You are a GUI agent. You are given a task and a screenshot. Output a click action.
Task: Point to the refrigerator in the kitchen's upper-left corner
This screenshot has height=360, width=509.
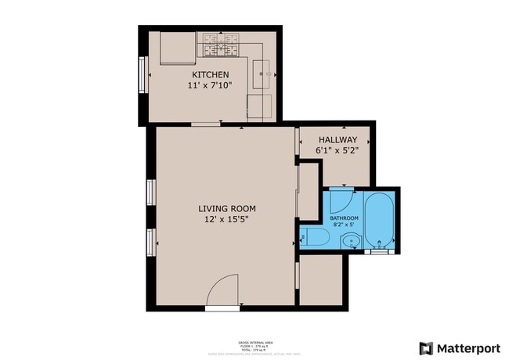[x=178, y=48]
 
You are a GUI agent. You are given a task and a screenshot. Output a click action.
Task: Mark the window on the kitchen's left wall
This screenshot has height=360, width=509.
[x=143, y=74]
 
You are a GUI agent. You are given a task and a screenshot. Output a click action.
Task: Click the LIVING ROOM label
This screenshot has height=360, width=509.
[x=226, y=208]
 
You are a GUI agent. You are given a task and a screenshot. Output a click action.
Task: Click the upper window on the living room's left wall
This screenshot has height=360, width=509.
[x=151, y=192]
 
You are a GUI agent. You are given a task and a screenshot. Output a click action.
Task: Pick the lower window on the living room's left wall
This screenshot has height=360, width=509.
[x=151, y=241]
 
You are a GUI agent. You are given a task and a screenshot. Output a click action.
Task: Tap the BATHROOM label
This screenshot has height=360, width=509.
[x=344, y=218]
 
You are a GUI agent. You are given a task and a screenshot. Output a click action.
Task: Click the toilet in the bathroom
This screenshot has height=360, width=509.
[x=315, y=238]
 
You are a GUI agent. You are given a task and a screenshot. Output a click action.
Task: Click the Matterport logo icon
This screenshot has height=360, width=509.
[x=426, y=348]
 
